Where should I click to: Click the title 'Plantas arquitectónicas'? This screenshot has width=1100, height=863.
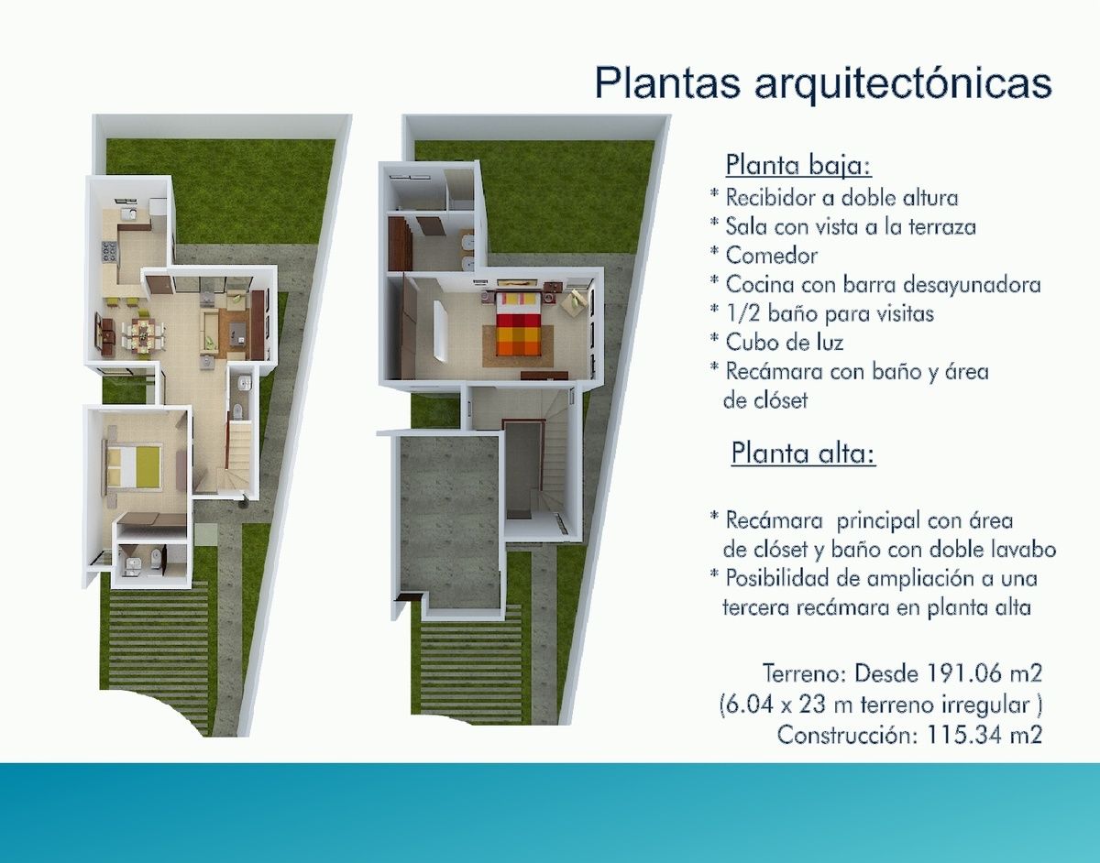pyautogui.click(x=823, y=82)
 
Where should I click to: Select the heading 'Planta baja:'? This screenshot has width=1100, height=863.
pyautogui.click(x=798, y=166)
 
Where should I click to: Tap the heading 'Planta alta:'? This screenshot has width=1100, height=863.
pyautogui.click(x=803, y=453)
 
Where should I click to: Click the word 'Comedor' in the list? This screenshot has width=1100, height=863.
pyautogui.click(x=772, y=256)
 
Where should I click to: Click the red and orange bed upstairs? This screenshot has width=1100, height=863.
pyautogui.click(x=518, y=324)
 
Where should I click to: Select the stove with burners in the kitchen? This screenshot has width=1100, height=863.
pyautogui.click(x=108, y=251)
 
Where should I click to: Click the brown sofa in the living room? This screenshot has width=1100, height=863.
pyautogui.click(x=258, y=324)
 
